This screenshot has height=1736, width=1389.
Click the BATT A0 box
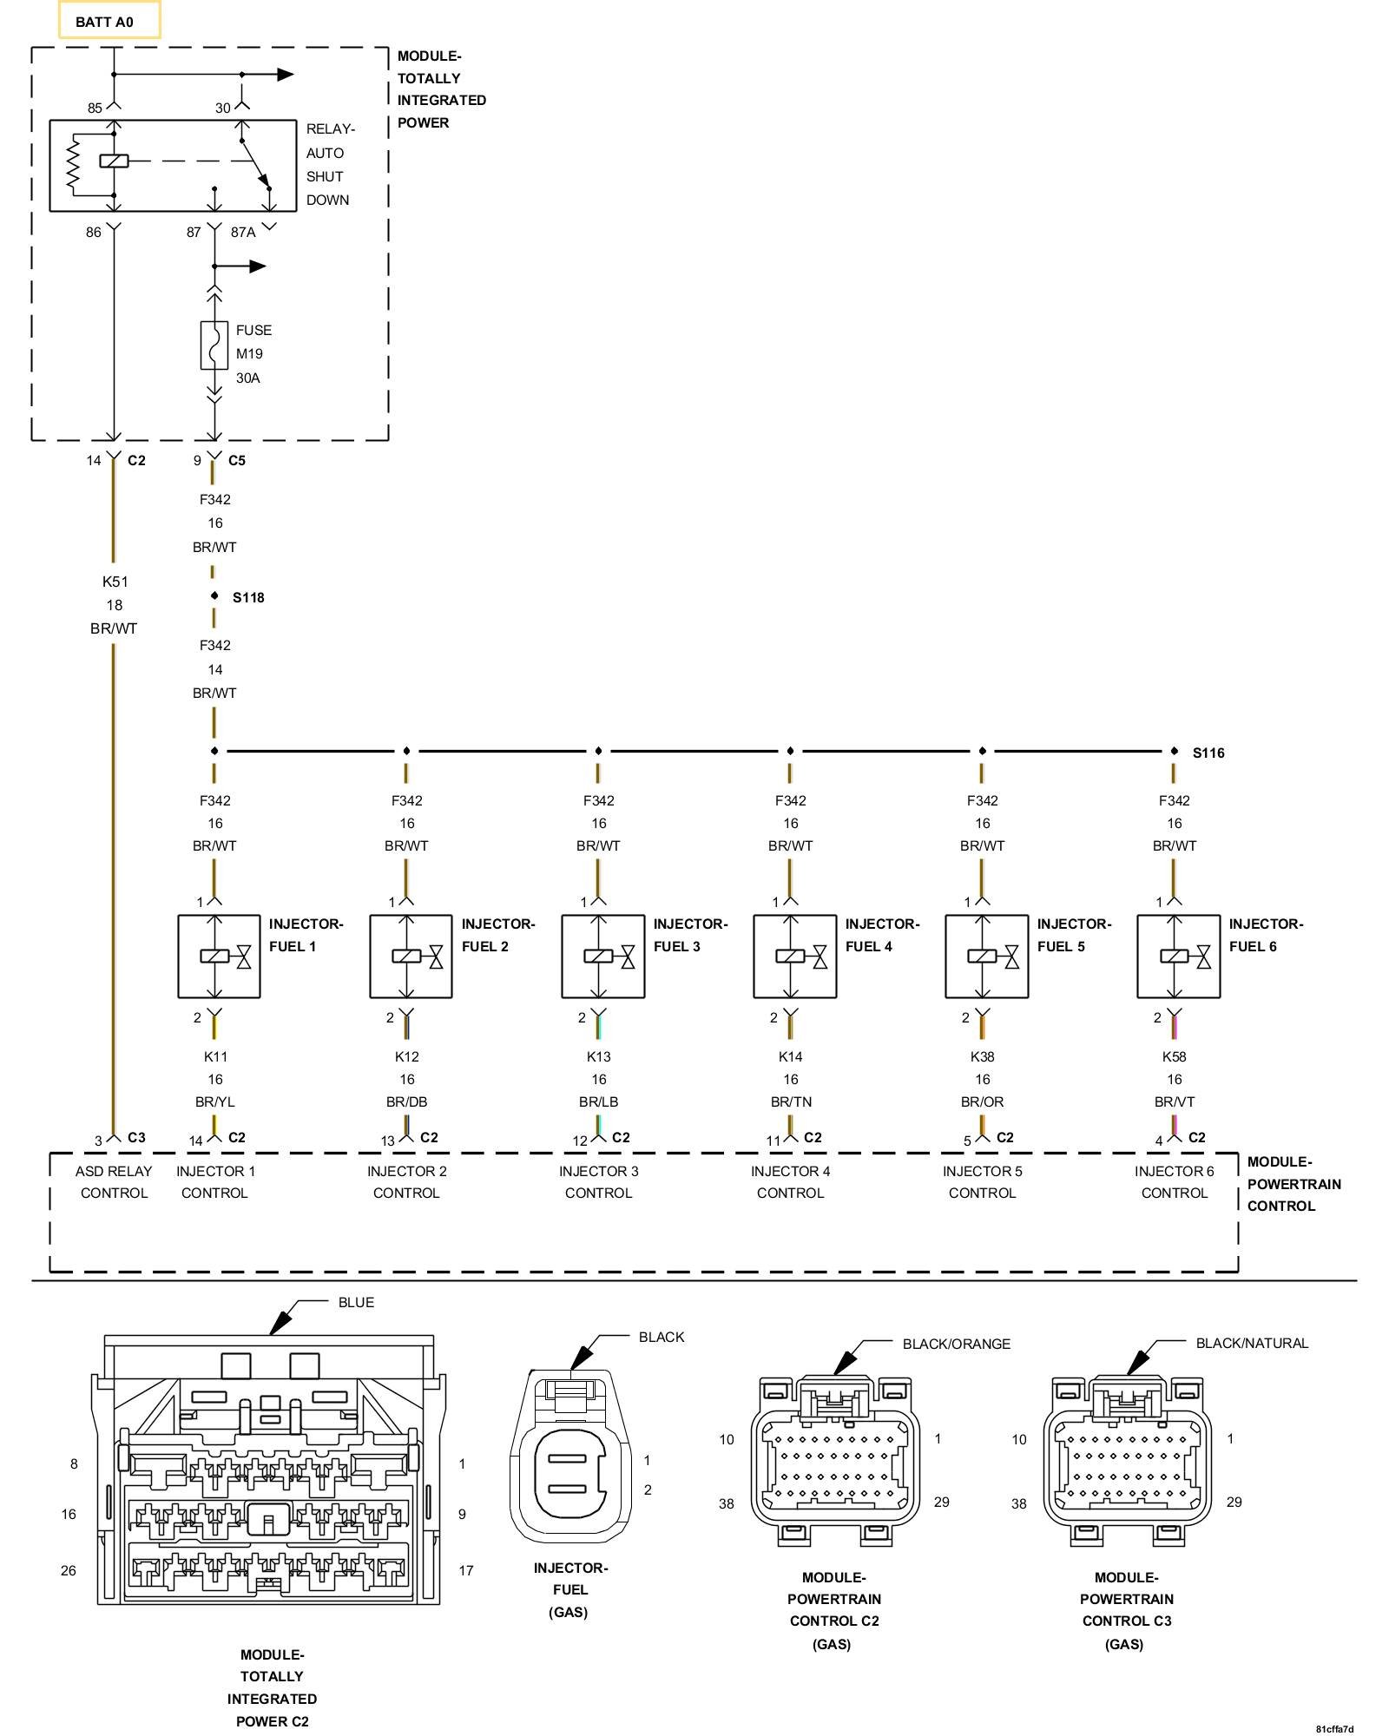point(109,20)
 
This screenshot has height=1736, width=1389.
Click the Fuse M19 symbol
point(214,345)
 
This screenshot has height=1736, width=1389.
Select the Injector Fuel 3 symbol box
point(603,957)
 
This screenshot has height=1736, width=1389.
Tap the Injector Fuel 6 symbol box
point(1179,957)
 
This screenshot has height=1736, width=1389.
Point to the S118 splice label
point(248,598)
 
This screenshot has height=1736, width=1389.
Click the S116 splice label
point(1208,753)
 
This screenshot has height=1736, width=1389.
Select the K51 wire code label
point(115,582)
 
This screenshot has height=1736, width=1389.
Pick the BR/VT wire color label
point(1175,1102)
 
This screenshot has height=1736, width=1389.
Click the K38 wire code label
point(983,1057)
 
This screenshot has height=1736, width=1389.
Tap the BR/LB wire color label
point(599,1102)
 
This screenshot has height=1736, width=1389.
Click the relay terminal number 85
point(95,108)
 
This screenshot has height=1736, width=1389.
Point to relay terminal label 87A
point(243,233)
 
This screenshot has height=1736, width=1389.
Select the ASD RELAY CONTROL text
point(114,1182)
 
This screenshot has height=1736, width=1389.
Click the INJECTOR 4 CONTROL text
point(790,1182)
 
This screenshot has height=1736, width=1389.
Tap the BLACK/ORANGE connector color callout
point(957,1345)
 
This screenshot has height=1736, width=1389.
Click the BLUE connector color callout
point(356,1303)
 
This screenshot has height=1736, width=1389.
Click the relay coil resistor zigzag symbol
point(74,163)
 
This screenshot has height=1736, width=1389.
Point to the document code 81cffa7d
point(1333,1729)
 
